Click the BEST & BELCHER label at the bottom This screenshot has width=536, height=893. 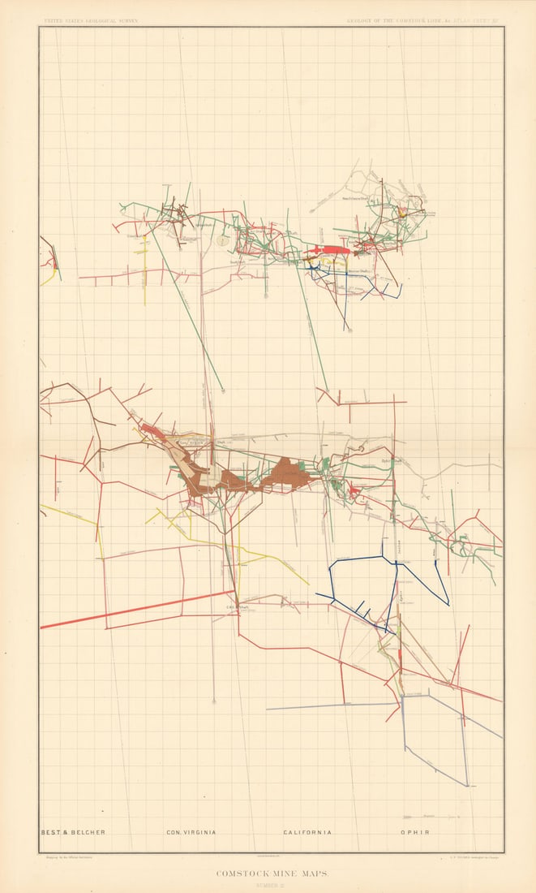click(x=73, y=832)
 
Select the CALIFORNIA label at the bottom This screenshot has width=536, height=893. click(x=308, y=832)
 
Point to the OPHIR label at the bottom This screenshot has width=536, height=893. click(x=414, y=832)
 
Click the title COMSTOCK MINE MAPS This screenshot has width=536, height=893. click(x=268, y=874)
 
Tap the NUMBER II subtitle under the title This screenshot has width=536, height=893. click(x=268, y=885)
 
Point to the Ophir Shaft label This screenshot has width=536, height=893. click(x=392, y=461)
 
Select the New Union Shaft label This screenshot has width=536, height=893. click(x=354, y=197)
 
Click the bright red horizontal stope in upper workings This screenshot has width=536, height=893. click(x=329, y=251)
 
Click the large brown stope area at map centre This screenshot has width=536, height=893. click(x=284, y=474)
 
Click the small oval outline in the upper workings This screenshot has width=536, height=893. click(x=221, y=240)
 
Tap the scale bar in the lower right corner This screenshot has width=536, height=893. click(x=418, y=818)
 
